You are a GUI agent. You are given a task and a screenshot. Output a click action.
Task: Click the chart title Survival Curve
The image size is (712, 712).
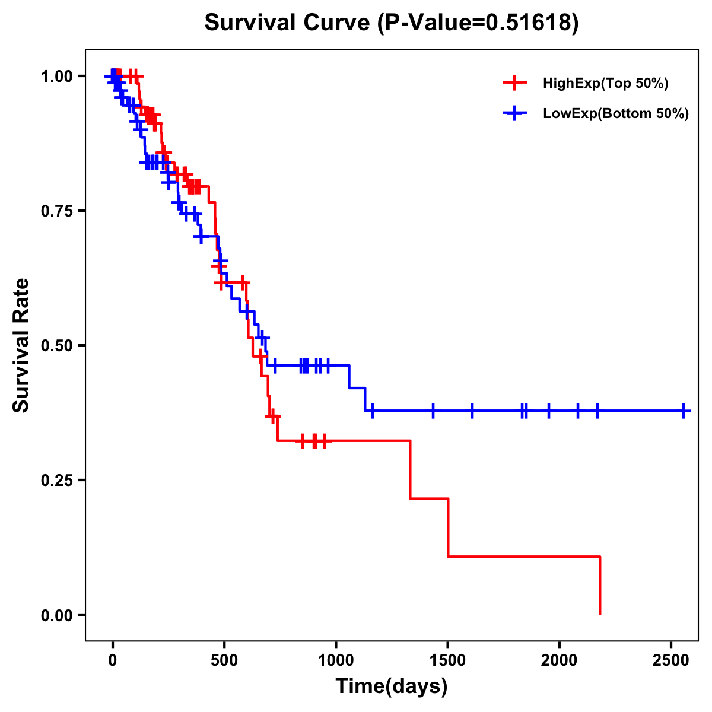tap(289, 23)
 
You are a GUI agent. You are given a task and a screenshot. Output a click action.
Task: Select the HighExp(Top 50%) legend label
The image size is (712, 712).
tap(606, 84)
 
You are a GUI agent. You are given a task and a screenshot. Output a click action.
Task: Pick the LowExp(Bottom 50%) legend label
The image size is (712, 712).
tap(616, 114)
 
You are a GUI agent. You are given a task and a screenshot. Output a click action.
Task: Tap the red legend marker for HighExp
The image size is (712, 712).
tap(514, 84)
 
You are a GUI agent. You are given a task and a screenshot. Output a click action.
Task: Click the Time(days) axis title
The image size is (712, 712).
tap(392, 686)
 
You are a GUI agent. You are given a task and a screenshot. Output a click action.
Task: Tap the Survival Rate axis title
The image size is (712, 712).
tap(21, 345)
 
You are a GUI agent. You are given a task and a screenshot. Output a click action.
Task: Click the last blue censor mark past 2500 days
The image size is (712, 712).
tap(684, 411)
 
